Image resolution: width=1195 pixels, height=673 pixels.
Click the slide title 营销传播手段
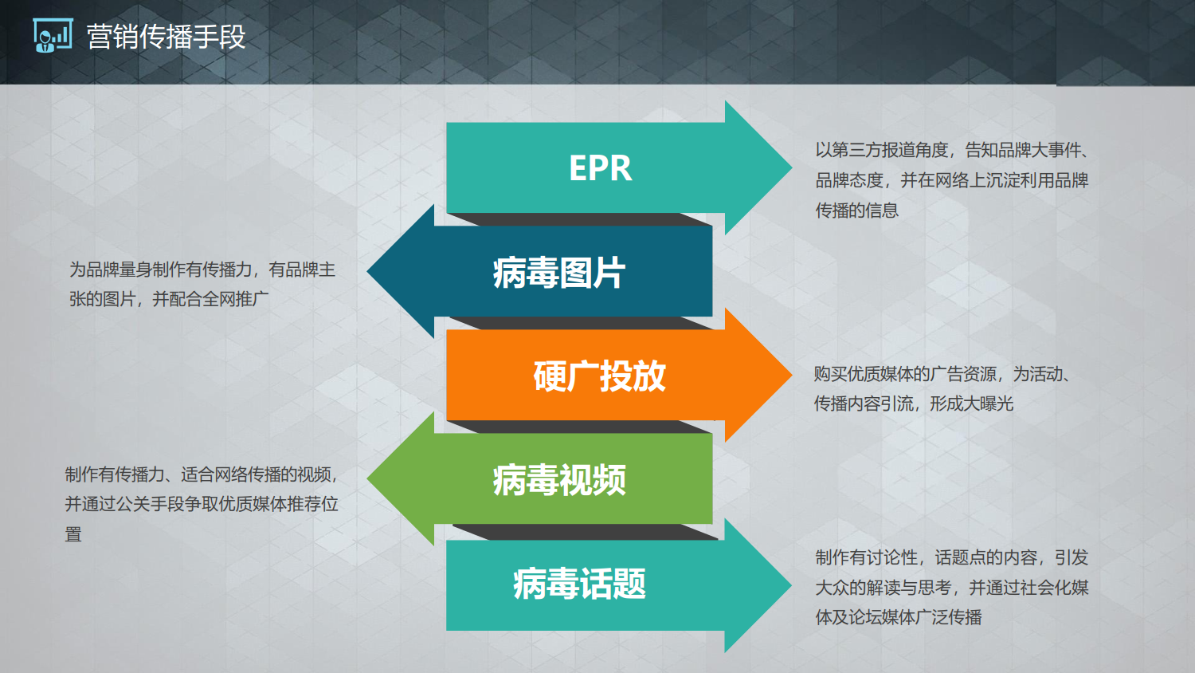[166, 37]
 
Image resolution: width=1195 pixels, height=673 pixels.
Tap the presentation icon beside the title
[53, 35]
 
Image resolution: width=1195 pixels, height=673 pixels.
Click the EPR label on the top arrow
[600, 168]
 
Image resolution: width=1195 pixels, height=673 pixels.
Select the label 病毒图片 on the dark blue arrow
[558, 273]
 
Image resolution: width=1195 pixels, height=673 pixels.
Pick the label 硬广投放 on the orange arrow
[600, 376]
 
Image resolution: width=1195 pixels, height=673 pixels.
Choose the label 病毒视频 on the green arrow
[559, 480]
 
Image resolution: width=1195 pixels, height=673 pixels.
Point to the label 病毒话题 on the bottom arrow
[579, 583]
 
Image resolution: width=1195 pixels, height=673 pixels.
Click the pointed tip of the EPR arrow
[792, 167]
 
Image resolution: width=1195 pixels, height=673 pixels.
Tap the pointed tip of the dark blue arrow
[367, 271]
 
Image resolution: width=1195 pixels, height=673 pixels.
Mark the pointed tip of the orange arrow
[792, 375]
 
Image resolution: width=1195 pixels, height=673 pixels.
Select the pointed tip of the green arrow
[367, 478]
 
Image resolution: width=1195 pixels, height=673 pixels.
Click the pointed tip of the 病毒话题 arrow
[792, 585]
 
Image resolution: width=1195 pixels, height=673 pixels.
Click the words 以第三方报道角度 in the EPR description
[881, 150]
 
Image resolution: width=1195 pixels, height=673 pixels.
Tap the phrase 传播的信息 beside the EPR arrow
[856, 210]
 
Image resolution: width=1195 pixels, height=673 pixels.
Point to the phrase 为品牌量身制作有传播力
[161, 270]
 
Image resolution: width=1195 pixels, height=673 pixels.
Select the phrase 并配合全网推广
[211, 299]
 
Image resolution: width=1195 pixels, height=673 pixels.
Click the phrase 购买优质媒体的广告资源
[905, 374]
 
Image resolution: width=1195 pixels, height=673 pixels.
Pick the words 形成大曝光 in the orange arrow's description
[971, 403]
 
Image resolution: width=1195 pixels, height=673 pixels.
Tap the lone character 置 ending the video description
[73, 534]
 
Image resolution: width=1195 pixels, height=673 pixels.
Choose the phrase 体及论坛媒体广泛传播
[899, 617]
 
